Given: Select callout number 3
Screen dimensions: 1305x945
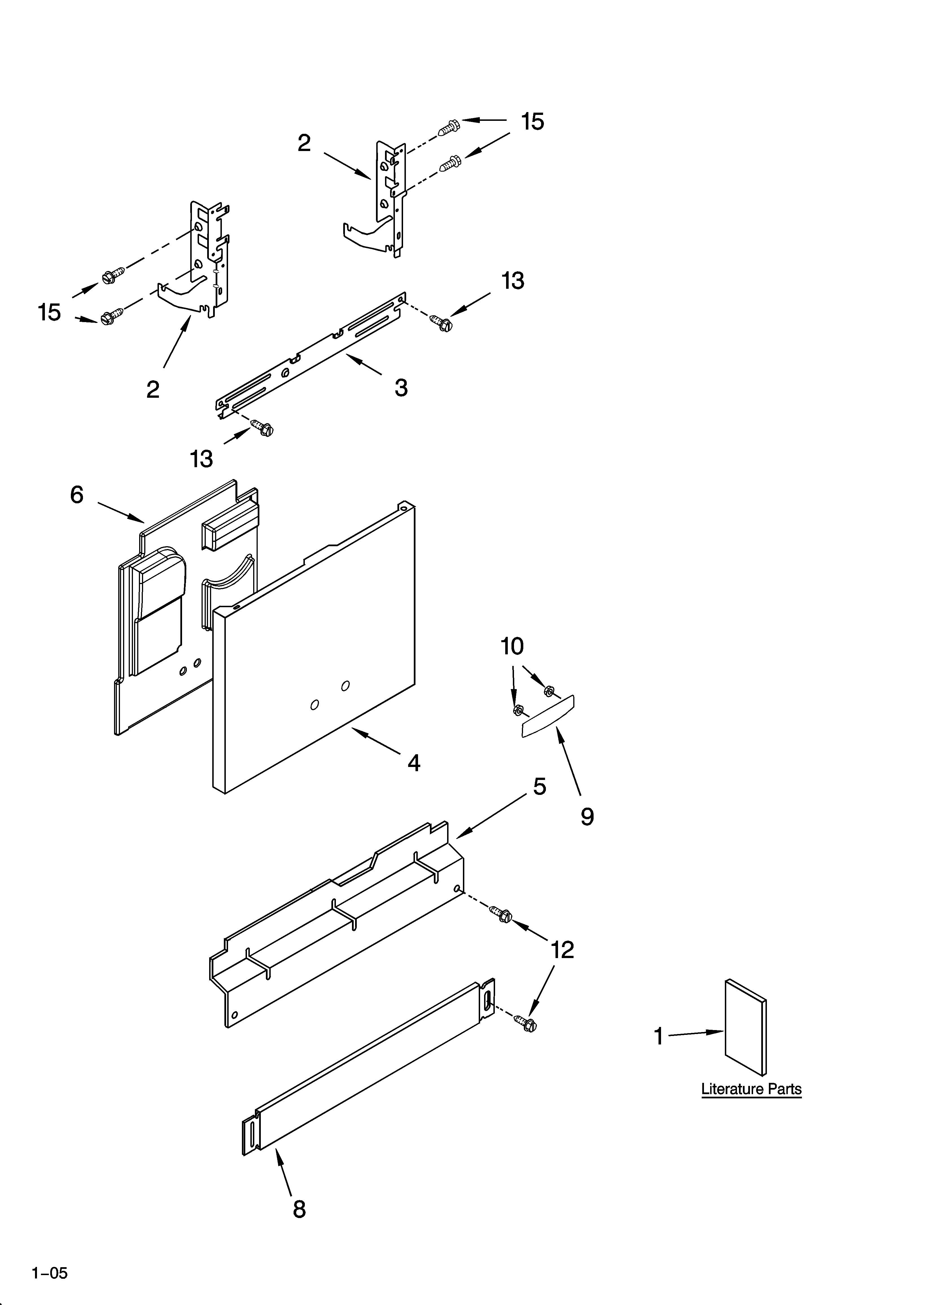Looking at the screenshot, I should pyautogui.click(x=401, y=388).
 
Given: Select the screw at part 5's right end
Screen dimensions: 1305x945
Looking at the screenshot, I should pyautogui.click(x=501, y=914).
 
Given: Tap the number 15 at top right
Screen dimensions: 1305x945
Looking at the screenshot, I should pyautogui.click(x=532, y=122).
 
